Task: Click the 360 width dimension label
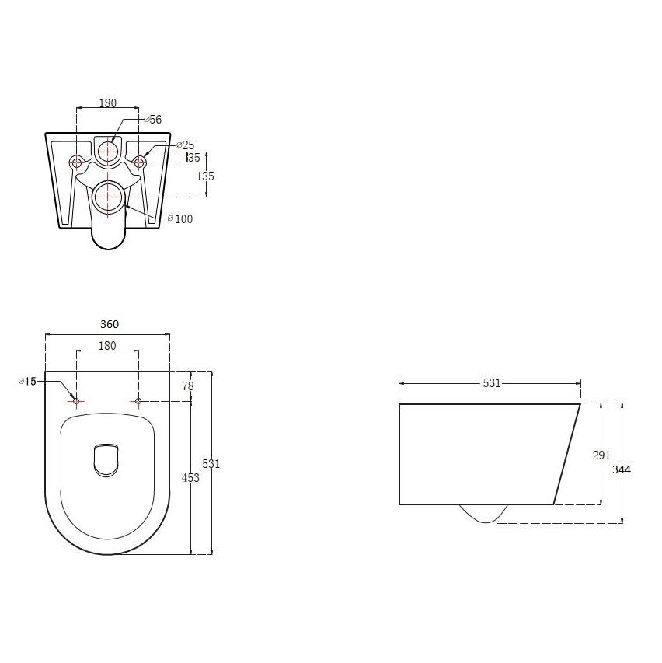[x=110, y=324]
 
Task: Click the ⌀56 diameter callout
[x=153, y=120]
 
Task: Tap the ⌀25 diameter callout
[x=186, y=145]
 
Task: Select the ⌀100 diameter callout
[x=180, y=218]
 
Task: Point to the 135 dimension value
[x=205, y=176]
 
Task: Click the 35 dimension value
[x=194, y=158]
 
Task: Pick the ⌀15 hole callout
[x=27, y=382]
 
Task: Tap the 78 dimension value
[x=188, y=386]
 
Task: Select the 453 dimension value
[x=190, y=478]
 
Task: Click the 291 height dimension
[x=601, y=455]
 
